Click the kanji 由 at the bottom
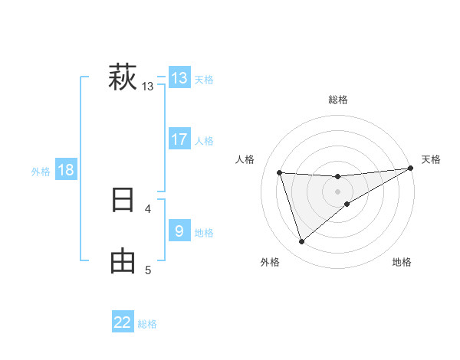tap(123, 261)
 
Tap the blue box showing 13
tap(179, 78)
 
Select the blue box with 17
tap(179, 139)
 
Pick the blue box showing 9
tap(179, 231)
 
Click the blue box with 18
tap(66, 170)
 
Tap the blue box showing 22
tap(123, 322)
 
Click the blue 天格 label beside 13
tap(204, 80)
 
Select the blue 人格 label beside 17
tap(204, 141)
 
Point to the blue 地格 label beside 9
tap(204, 232)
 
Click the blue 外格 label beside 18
tap(41, 172)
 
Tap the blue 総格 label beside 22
tap(147, 324)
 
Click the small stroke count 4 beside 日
tap(147, 208)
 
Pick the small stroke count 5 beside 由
tap(147, 270)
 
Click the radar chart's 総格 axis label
tap(338, 99)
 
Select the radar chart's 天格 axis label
tap(431, 159)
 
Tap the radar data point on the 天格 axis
tap(411, 169)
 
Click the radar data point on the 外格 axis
tap(302, 242)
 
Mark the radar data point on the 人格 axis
tap(280, 173)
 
